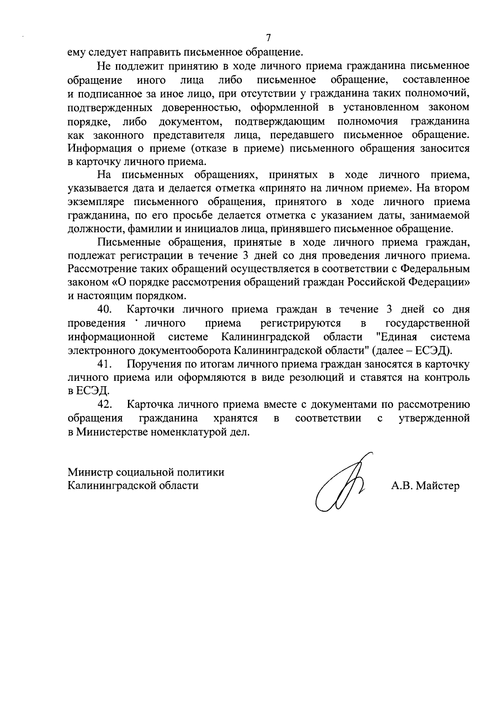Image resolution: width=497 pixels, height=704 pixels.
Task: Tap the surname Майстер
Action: [437, 486]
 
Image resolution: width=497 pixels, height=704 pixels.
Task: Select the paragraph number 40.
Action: [105, 310]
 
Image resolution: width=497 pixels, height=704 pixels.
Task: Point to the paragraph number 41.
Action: [105, 364]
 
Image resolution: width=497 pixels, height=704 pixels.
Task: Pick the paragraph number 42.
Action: [105, 404]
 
